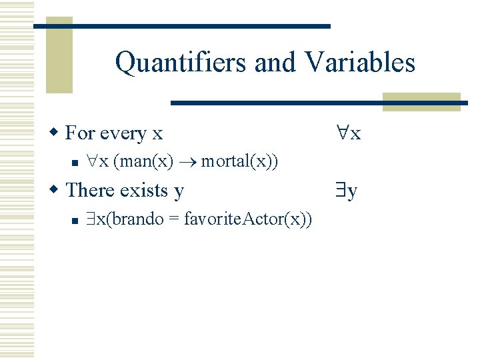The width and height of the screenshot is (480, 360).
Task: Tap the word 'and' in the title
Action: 275,63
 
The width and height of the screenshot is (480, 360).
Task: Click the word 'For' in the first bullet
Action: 80,133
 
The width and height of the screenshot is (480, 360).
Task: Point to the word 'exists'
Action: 142,190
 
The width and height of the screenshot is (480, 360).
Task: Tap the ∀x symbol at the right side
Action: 348,133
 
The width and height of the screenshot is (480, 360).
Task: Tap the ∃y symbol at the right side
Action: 346,191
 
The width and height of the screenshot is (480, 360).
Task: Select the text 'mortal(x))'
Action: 239,161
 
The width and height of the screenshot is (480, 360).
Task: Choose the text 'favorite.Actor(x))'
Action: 247,219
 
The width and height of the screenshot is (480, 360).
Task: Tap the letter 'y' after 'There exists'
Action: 179,191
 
